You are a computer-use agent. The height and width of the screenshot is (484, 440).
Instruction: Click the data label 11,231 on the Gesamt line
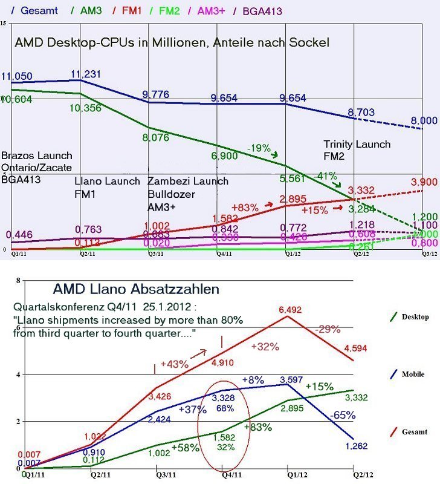(x=85, y=74)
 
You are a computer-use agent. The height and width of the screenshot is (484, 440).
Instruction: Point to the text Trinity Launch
(x=357, y=144)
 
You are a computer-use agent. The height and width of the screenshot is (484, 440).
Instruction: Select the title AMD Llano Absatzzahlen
(x=136, y=289)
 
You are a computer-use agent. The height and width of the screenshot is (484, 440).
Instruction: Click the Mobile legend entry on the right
(x=413, y=374)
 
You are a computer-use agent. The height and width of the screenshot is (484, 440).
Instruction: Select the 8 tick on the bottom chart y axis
(x=19, y=281)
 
